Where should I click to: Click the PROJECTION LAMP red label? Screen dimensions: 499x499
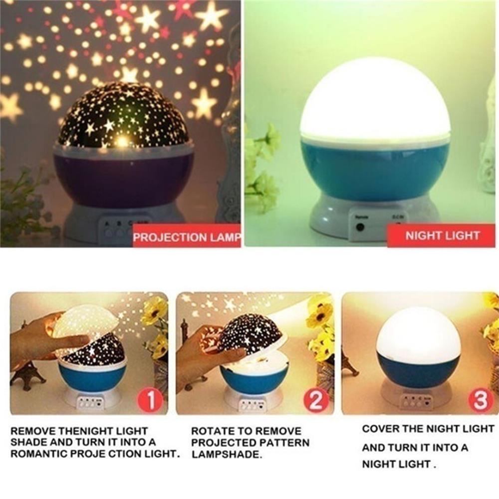187,237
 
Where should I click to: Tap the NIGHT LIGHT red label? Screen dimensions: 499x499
442,236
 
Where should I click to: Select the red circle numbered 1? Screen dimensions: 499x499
150,399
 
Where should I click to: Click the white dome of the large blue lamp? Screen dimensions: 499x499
375,100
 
